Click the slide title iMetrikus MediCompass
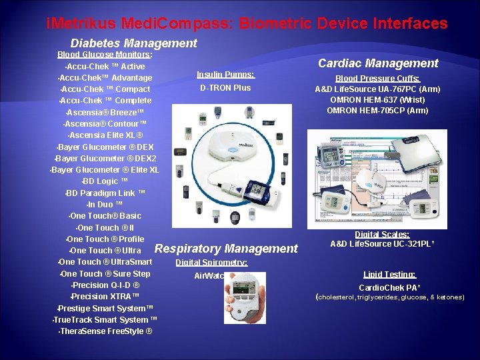pyautogui.click(x=247, y=24)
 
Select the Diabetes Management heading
pyautogui.click(x=133, y=43)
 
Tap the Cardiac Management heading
pyautogui.click(x=378, y=63)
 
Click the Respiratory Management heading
pyautogui.click(x=226, y=249)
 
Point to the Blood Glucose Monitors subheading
pyautogui.click(x=105, y=55)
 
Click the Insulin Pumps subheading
pyautogui.click(x=225, y=75)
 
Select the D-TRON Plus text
pyautogui.click(x=225, y=88)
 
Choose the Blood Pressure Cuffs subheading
pyautogui.click(x=377, y=78)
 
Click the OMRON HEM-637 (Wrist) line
pyautogui.click(x=377, y=99)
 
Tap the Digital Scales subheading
pyautogui.click(x=382, y=234)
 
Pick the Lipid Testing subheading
pyautogui.click(x=389, y=274)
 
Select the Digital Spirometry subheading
pyautogui.click(x=211, y=263)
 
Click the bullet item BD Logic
pyautogui.click(x=101, y=181)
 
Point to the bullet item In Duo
pyautogui.click(x=105, y=205)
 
